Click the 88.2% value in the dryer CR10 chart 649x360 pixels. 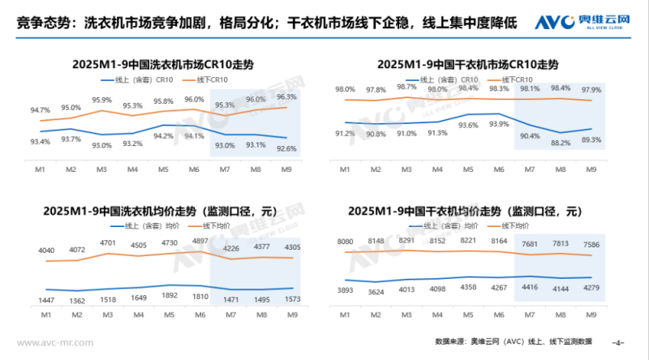(560, 143)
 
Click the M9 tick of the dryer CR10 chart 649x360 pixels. (591, 168)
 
